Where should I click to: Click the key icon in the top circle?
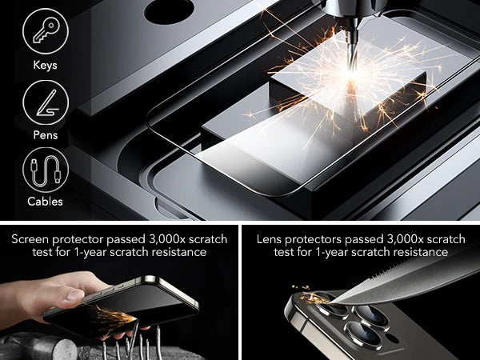(46, 30)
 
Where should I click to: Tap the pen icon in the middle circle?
(46, 103)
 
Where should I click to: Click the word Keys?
(45, 65)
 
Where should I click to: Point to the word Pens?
(46, 134)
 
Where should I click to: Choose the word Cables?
(45, 202)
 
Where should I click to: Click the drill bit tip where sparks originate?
(353, 72)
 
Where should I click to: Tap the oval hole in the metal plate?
(169, 11)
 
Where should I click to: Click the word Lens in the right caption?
(268, 239)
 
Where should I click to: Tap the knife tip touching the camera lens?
(331, 302)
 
